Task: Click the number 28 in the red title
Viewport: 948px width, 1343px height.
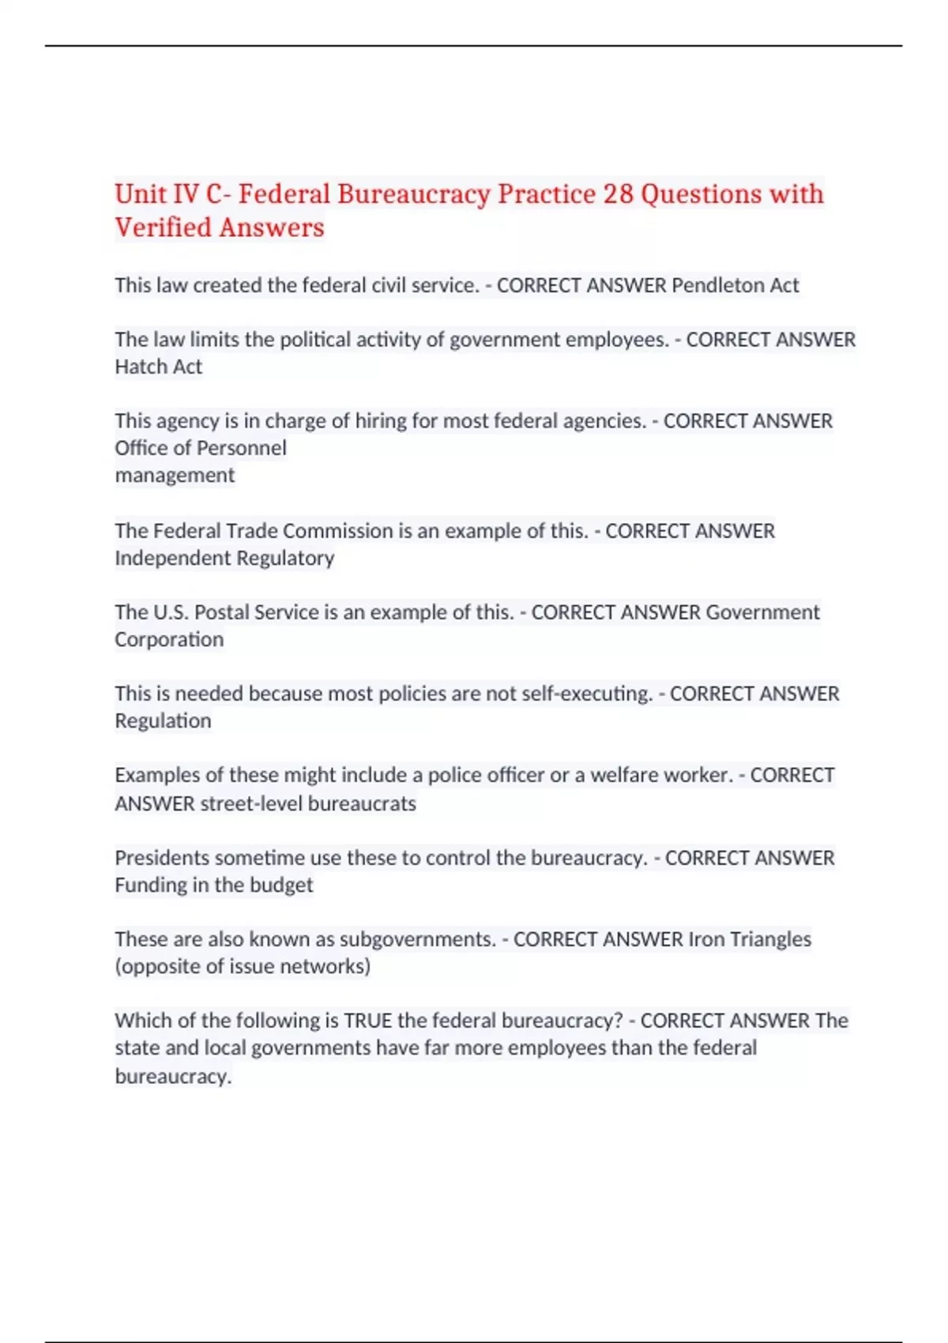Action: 618,194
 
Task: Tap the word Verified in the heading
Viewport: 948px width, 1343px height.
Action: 163,228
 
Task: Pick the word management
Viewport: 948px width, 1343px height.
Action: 175,475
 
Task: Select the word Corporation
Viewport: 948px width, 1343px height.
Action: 169,639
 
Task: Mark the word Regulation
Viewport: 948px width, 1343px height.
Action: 163,720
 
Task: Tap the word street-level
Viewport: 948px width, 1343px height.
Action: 250,803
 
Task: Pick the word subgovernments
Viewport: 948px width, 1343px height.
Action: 417,939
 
